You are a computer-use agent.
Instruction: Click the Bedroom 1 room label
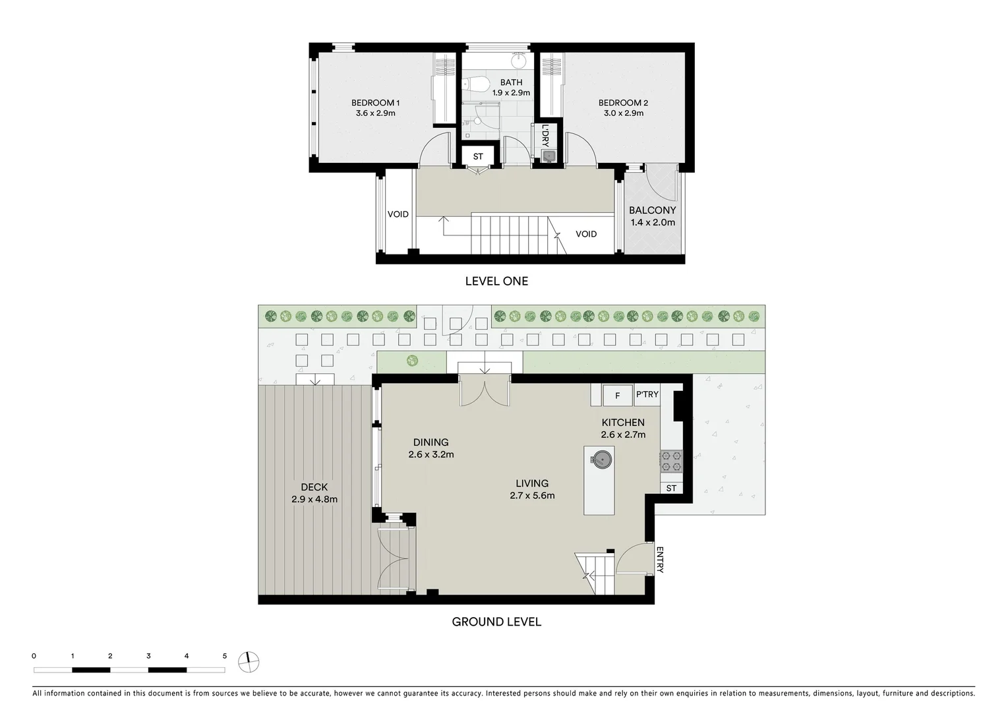pyautogui.click(x=375, y=107)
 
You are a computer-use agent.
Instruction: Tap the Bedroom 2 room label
pyautogui.click(x=623, y=107)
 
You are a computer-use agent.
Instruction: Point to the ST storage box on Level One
pyautogui.click(x=478, y=156)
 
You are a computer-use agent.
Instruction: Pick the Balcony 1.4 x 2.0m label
pyautogui.click(x=652, y=216)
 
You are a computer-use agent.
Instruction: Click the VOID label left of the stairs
pyautogui.click(x=398, y=214)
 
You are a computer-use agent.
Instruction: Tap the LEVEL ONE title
pyautogui.click(x=496, y=281)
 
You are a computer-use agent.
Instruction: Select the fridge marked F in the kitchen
pyautogui.click(x=618, y=396)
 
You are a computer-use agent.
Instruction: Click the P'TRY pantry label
pyautogui.click(x=647, y=394)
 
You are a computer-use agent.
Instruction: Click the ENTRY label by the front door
pyautogui.click(x=660, y=560)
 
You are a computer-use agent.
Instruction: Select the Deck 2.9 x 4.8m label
pyautogui.click(x=314, y=493)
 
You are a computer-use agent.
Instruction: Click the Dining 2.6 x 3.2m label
pyautogui.click(x=430, y=448)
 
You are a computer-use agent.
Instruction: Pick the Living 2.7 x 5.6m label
pyautogui.click(x=532, y=489)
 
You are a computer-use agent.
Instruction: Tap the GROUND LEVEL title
pyautogui.click(x=496, y=622)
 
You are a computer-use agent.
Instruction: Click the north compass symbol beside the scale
pyautogui.click(x=249, y=661)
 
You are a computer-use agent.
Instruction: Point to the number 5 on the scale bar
pyautogui.click(x=225, y=656)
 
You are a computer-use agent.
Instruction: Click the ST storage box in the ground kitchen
pyautogui.click(x=671, y=489)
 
